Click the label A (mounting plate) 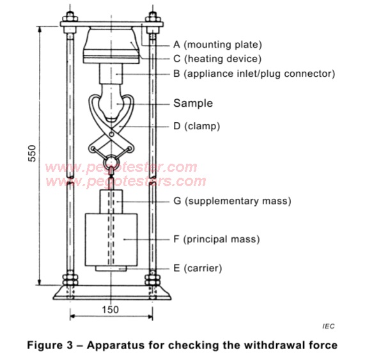(217, 45)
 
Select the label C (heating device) (217, 59)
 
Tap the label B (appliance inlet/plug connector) (254, 74)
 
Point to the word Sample (193, 103)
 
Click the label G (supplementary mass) (232, 201)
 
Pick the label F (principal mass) (216, 240)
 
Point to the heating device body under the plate (112, 47)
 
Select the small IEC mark (328, 326)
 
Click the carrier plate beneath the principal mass (112, 269)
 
